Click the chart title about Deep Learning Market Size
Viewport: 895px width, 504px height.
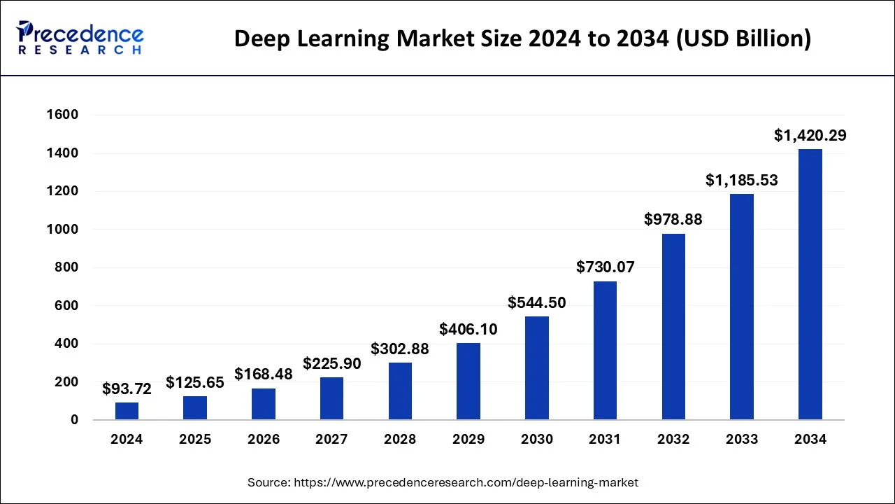pyautogui.click(x=522, y=39)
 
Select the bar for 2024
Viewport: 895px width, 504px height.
pyautogui.click(x=127, y=411)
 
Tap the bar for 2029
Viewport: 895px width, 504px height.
pyautogui.click(x=468, y=381)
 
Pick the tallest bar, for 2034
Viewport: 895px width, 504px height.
pyautogui.click(x=810, y=284)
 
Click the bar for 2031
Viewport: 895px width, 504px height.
pyautogui.click(x=605, y=351)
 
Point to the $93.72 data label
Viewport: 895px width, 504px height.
pyautogui.click(x=127, y=388)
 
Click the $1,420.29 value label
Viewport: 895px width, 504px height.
pyautogui.click(x=810, y=136)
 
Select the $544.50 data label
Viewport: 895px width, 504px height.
pyautogui.click(x=537, y=303)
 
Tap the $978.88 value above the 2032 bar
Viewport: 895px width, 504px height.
pyautogui.click(x=673, y=220)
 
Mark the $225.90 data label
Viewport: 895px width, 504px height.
pyautogui.click(x=332, y=364)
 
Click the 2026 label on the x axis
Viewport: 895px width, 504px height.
pyautogui.click(x=264, y=440)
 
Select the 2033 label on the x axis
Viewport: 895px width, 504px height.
pyautogui.click(x=742, y=440)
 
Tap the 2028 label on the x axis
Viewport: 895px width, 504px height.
pyautogui.click(x=400, y=440)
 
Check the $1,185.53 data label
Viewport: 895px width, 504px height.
pyautogui.click(x=742, y=181)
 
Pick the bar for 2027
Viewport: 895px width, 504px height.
pyautogui.click(x=332, y=398)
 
